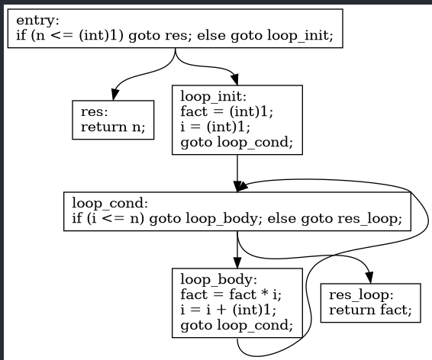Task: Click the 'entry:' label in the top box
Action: (x=33, y=21)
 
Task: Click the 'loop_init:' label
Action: (x=213, y=97)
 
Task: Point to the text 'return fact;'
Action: (x=369, y=310)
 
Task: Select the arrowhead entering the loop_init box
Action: (x=234, y=79)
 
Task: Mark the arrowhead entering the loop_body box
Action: (x=238, y=262)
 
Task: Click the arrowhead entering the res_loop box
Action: (x=370, y=277)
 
